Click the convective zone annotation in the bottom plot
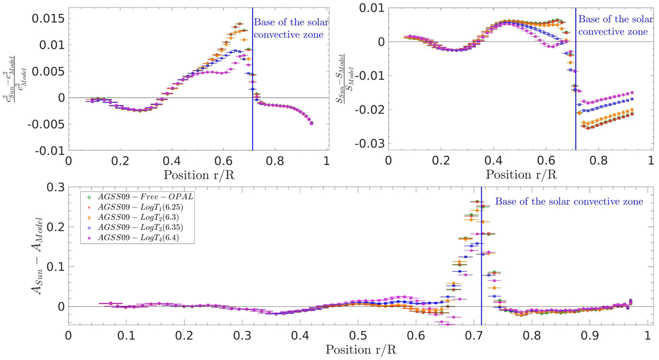coord(569,201)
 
